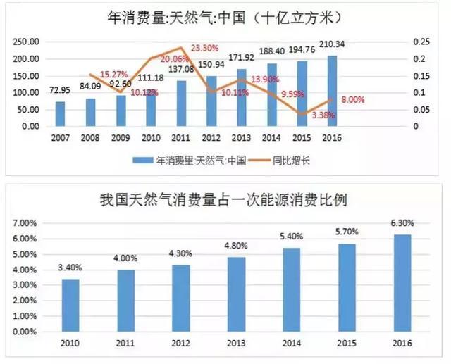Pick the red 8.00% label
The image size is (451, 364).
352,100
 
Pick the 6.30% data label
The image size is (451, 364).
402,223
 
